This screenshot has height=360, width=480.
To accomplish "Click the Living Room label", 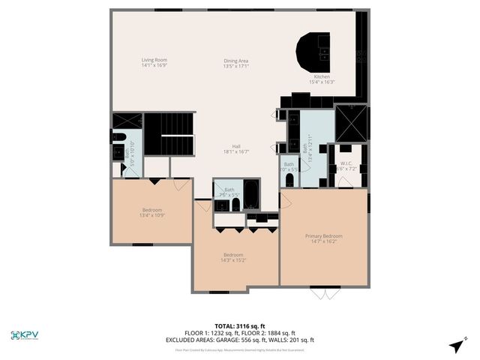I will coord(154,60).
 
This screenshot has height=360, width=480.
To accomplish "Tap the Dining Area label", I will coord(235,61).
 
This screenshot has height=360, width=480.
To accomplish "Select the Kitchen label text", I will coord(322,77).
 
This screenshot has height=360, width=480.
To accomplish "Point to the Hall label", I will coord(235,146).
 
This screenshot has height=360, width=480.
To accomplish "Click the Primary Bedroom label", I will coord(323,236).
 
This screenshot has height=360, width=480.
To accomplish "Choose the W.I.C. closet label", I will coord(346,163).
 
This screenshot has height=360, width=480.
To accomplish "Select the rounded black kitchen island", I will coord(314,51).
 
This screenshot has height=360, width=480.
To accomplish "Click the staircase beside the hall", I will coord(169,134).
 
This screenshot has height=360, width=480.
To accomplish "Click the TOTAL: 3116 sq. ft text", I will coord(240,326).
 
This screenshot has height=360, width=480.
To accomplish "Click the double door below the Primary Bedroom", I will coord(325,292).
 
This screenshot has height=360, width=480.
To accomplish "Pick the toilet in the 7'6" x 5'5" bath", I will coord(235,204).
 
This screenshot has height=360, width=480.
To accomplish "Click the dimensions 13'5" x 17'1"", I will coord(235,66).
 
